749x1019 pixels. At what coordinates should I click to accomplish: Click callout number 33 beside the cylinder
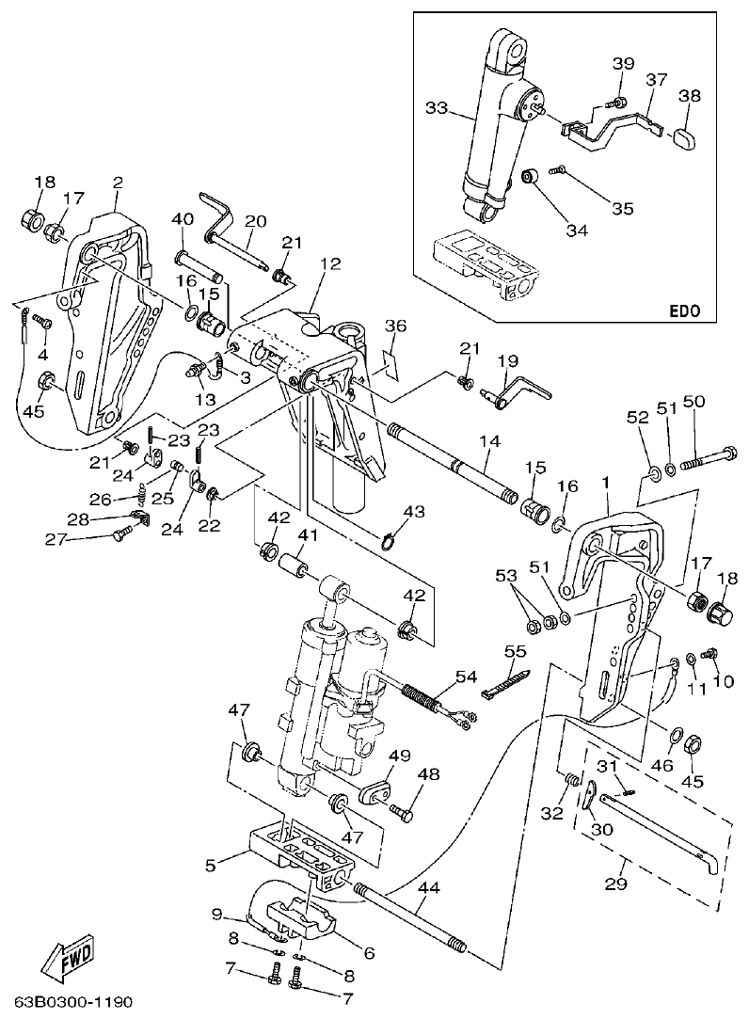point(436,109)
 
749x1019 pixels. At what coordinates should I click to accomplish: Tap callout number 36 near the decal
point(395,326)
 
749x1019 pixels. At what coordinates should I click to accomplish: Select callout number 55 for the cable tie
point(514,650)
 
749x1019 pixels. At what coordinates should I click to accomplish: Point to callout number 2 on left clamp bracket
point(118,182)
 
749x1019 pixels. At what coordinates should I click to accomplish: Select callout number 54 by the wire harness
point(467,677)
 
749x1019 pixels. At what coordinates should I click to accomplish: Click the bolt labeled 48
point(404,811)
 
